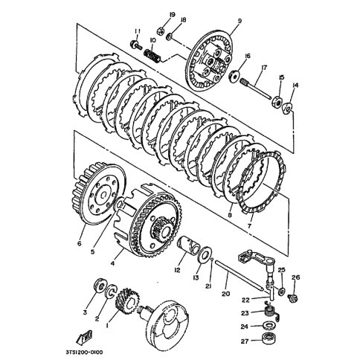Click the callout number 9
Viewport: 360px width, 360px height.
pos(240,21)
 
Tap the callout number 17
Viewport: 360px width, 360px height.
pos(264,68)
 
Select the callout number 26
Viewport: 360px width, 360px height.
pos(296,277)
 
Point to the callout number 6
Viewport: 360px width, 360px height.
pos(80,243)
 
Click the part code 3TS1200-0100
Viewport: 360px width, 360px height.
pos(84,353)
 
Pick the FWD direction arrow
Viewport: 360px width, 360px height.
pos(84,338)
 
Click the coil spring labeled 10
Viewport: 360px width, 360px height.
pos(152,57)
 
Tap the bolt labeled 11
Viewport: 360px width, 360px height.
pos(135,45)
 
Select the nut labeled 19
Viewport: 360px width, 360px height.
pos(161,30)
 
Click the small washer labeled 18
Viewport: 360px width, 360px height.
pos(170,36)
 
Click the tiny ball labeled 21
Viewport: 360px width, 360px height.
pos(212,260)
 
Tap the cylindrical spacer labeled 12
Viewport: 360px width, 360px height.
pos(188,245)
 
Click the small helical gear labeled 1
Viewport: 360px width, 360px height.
pos(127,300)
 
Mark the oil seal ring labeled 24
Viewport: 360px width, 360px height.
pos(269,326)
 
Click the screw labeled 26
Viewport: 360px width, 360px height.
pos(293,298)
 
